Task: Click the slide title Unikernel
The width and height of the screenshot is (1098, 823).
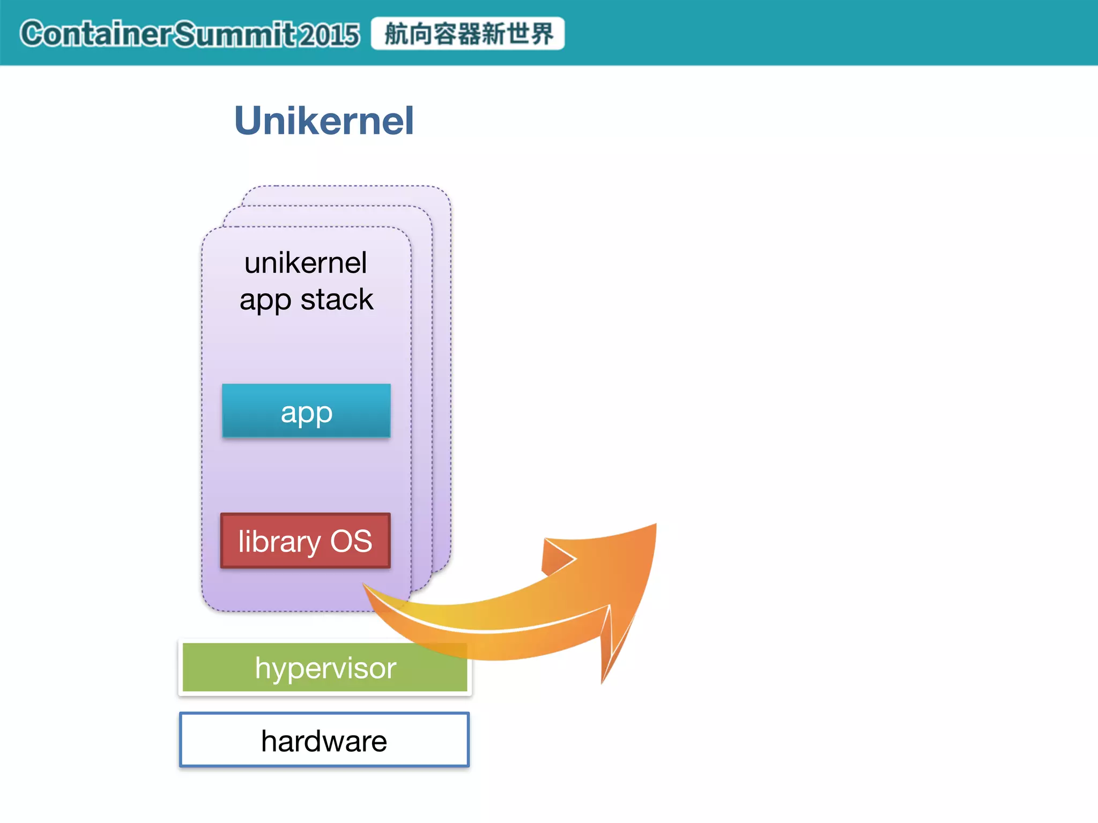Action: [x=324, y=121]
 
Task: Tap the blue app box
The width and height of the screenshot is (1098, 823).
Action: [x=306, y=410]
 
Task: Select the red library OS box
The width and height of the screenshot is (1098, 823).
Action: [x=305, y=541]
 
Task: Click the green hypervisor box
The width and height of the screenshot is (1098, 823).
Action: [x=324, y=668]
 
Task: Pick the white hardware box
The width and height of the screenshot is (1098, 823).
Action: [x=324, y=740]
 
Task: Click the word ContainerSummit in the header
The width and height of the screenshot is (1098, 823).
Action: [x=158, y=34]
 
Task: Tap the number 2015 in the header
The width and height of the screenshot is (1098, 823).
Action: [x=329, y=35]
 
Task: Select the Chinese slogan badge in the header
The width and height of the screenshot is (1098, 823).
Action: [x=468, y=34]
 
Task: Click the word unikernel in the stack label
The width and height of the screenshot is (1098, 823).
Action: [x=306, y=263]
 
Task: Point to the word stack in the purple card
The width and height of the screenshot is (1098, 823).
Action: [x=337, y=300]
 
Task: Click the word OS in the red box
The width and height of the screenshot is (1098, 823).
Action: [x=351, y=541]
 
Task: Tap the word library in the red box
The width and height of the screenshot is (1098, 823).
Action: [x=279, y=541]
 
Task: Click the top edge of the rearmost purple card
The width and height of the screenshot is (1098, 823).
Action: [x=346, y=186]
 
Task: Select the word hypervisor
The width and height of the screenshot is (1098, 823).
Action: [x=325, y=668]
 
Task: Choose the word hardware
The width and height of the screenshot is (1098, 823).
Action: [x=324, y=741]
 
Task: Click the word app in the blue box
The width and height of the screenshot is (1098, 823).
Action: [x=307, y=413]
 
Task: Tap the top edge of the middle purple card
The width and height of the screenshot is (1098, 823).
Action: [x=327, y=206]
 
